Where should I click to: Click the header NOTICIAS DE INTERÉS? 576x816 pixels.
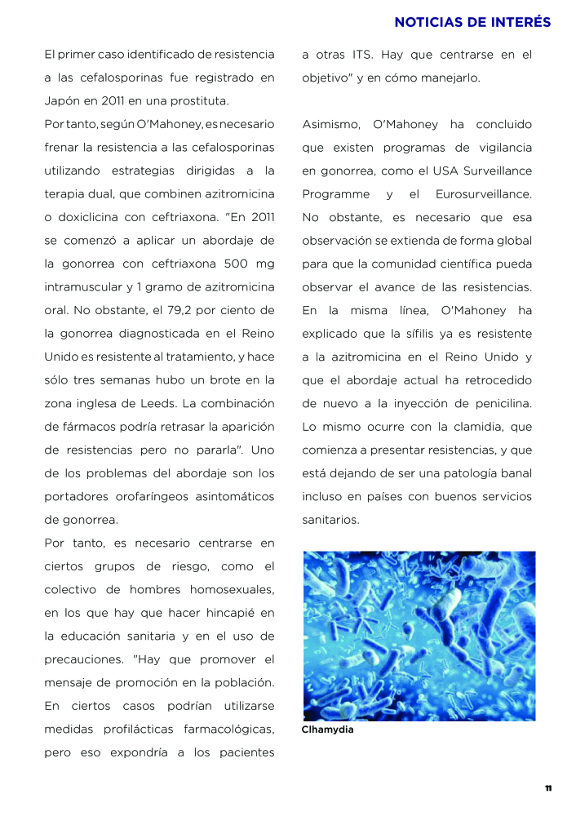coord(472,22)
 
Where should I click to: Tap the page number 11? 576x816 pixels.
coord(548,788)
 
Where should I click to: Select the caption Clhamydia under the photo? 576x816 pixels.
coord(327,730)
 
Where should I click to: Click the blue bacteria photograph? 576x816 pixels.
coord(419,636)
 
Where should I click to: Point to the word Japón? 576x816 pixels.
coord(62,101)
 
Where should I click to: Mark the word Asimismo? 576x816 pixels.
coord(331,125)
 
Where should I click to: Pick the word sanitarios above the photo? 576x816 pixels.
coord(330,520)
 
